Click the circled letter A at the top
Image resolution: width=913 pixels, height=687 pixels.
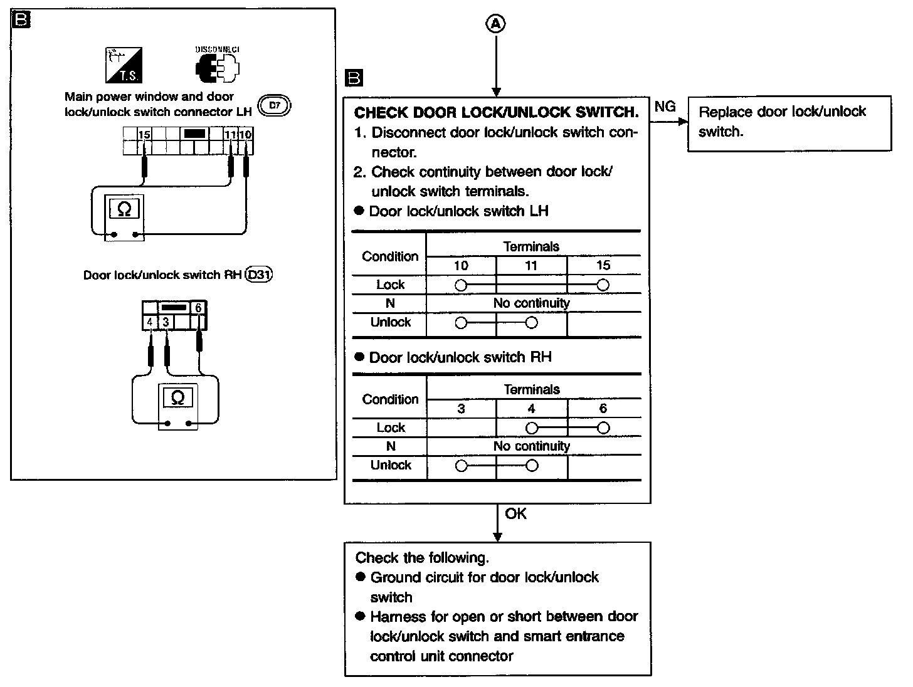coord(495,24)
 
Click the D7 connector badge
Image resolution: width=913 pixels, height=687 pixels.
coord(275,107)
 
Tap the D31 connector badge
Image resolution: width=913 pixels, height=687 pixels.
coord(260,275)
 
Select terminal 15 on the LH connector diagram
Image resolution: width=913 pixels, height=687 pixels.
coord(144,135)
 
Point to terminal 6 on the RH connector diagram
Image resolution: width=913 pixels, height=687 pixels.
coord(199,308)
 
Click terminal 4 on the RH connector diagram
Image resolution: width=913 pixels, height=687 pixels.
coord(150,323)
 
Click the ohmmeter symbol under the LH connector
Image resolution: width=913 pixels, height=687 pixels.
coord(124,209)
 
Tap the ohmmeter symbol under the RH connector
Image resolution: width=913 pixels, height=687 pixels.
coord(177,397)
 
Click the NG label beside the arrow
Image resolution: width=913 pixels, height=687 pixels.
coord(665,107)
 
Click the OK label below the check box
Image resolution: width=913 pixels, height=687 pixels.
coord(516,514)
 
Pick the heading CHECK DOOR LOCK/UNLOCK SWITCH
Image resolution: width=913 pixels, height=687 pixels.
coord(497,113)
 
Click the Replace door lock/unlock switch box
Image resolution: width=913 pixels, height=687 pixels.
coord(789,123)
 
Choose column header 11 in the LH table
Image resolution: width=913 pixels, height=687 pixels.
coord(531,266)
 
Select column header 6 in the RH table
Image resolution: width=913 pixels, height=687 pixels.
coord(603,409)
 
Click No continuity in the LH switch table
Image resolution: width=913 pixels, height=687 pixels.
coord(532,303)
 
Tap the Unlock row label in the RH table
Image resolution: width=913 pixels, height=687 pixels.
coord(391,465)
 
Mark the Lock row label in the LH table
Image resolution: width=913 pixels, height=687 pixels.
coord(390,285)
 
